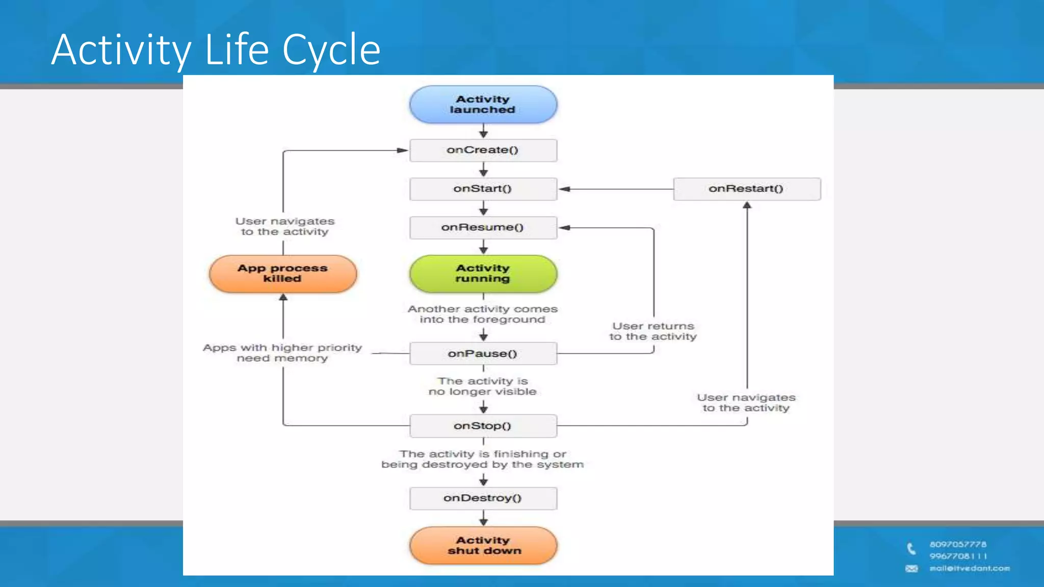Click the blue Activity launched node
pos(483,104)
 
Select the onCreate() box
pos(483,150)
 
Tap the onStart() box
pos(483,189)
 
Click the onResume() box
pos(483,228)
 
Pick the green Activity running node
pos(483,274)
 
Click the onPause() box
pos(483,354)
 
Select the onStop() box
pos(483,426)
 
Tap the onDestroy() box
pos(483,498)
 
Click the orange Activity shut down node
pos(483,545)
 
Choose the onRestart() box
pos(746,189)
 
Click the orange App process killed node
pos(282,274)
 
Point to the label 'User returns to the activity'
pos(653,331)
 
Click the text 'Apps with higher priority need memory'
pos(282,353)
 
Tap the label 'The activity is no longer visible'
pos(482,386)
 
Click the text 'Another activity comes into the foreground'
pos(482,314)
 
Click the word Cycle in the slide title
pos(331,49)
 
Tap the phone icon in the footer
pos(911,549)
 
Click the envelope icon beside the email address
pos(911,569)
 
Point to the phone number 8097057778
pos(958,544)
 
